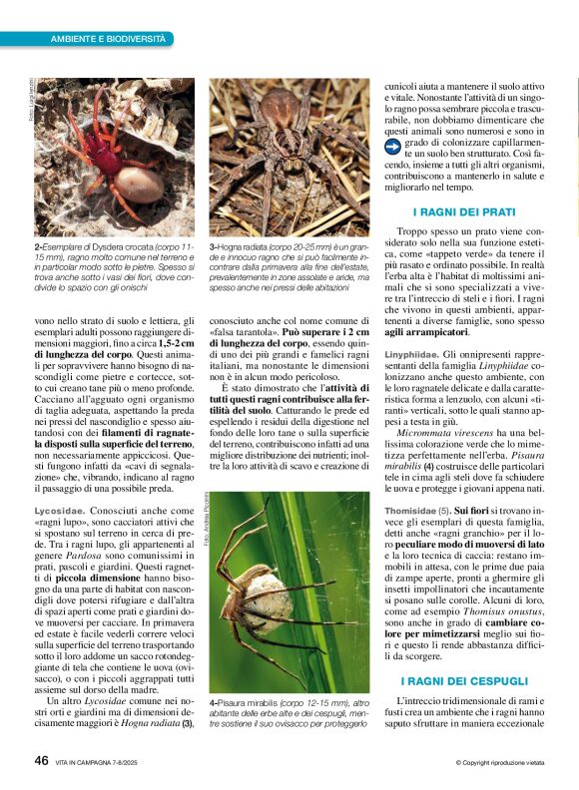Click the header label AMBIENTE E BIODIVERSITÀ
[x=108, y=38]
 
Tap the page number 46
[x=42, y=760]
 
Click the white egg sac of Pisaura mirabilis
[x=268, y=598]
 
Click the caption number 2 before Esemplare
[x=37, y=246]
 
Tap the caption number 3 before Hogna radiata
[x=212, y=246]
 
